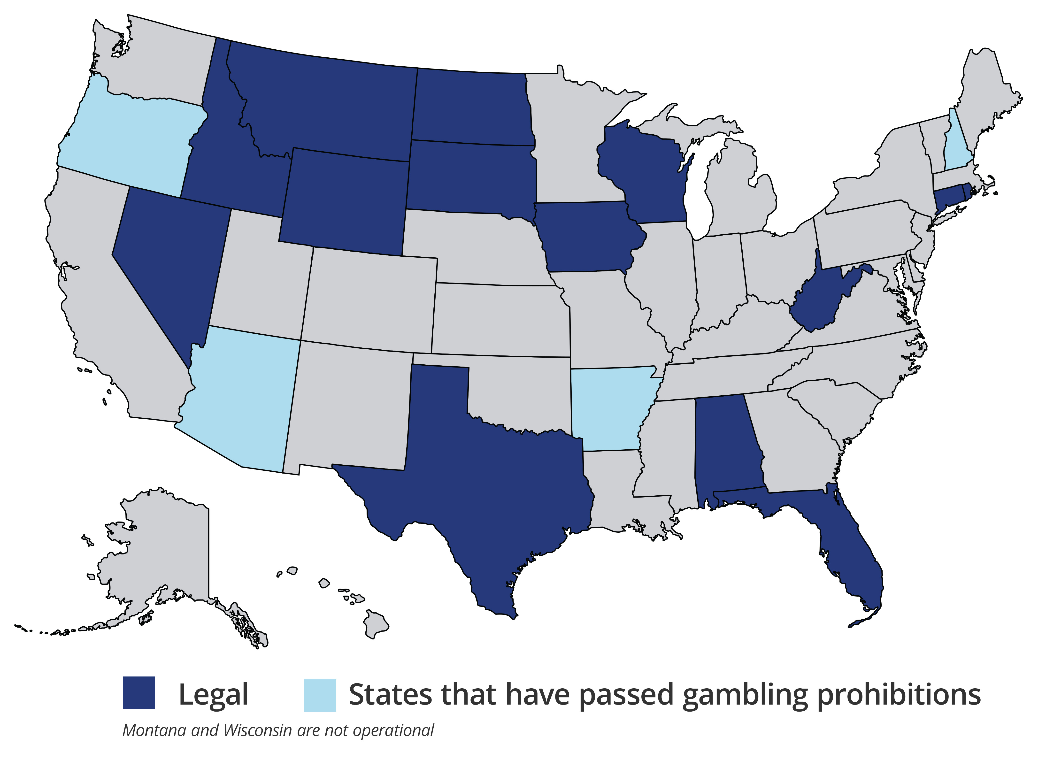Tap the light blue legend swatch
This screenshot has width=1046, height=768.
click(x=320, y=695)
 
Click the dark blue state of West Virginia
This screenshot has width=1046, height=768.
click(x=818, y=302)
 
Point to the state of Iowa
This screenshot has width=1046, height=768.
click(x=588, y=237)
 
